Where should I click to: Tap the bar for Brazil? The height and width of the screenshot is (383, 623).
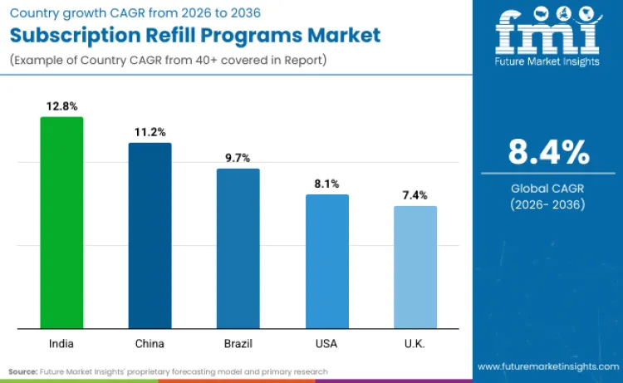tap(238, 248)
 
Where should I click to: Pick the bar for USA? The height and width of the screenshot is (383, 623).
tap(326, 261)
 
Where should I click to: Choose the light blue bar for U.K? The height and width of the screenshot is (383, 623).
tap(415, 267)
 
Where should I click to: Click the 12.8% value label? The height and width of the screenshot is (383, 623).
tap(61, 106)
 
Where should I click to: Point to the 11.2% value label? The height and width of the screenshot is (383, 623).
tap(150, 132)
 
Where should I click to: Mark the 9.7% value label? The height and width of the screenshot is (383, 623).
tap(238, 158)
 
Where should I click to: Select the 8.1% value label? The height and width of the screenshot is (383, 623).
tap(326, 184)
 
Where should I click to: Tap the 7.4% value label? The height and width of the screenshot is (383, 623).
tap(415, 195)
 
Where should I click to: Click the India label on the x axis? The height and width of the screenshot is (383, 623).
tap(61, 343)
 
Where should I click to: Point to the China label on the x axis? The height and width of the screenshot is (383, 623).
tap(150, 343)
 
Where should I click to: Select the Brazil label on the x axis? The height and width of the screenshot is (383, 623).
tap(238, 343)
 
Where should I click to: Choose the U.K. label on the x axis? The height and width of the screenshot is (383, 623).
tap(415, 343)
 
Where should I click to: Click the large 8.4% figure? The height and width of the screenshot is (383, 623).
tap(548, 153)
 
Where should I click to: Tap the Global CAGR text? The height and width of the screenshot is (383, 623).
tap(548, 188)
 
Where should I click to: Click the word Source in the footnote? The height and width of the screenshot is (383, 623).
tap(22, 371)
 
